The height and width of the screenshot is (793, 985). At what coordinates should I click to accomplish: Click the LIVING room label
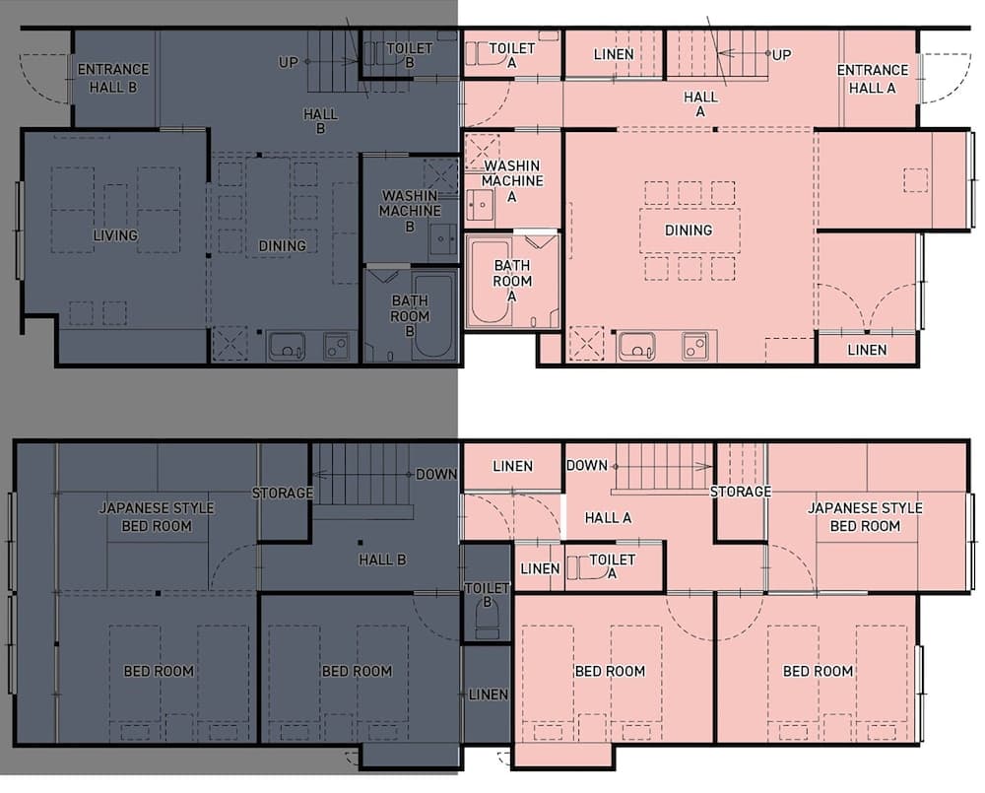point(115,235)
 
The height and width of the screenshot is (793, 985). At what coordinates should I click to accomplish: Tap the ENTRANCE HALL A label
point(873,79)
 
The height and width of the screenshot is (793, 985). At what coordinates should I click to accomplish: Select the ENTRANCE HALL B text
point(113,78)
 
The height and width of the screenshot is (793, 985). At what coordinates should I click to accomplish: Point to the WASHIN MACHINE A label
point(512,181)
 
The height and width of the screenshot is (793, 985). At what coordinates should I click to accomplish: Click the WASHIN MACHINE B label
point(409,211)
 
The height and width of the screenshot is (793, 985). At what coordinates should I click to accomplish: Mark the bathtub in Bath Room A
point(490,283)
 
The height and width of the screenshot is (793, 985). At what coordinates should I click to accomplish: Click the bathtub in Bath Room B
point(434,316)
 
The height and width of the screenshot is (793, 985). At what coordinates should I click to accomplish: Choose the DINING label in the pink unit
point(689,231)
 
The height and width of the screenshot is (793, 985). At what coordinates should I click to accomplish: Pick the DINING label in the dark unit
point(282,246)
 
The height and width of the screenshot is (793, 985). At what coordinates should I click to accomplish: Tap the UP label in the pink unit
point(781,54)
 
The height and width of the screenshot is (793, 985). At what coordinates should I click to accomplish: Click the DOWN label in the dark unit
point(436,475)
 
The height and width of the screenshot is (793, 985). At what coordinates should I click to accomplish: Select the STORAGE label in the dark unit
point(283,494)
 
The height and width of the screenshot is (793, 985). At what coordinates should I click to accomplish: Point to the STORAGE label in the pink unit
point(741,492)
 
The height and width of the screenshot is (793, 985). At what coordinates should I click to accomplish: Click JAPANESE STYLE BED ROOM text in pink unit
point(865,517)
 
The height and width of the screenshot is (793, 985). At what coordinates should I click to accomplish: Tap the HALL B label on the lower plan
point(382,560)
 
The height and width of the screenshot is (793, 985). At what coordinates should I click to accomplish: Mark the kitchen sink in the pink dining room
point(637,346)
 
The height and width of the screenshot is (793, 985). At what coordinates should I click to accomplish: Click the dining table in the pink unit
point(689,230)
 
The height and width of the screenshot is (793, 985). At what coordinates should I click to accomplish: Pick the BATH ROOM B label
point(410,316)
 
